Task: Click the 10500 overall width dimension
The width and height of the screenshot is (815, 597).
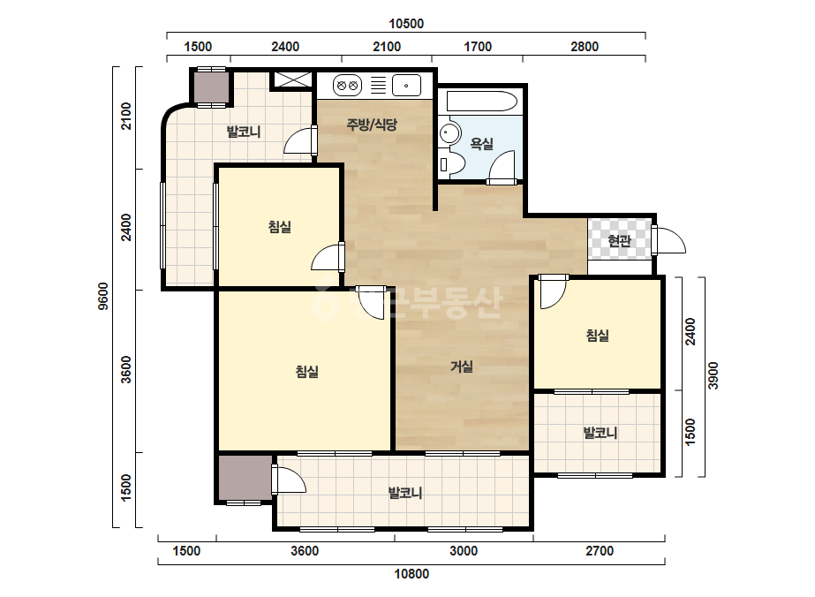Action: [x=406, y=24]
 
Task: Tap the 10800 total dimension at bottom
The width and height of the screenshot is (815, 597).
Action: [x=411, y=574]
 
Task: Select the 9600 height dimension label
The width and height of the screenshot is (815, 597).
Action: [x=103, y=296]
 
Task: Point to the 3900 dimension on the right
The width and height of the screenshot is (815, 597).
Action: [x=713, y=375]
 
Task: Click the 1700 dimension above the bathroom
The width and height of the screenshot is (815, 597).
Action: [x=478, y=47]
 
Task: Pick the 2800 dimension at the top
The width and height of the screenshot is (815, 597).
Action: [x=585, y=47]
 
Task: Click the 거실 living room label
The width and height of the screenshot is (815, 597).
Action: [x=462, y=367]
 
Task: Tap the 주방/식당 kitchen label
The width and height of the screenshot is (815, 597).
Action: [x=372, y=125]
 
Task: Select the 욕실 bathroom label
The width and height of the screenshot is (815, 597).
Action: [x=481, y=144]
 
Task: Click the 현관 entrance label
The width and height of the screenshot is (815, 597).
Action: [x=619, y=241]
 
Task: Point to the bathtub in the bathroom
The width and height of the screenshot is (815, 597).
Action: [x=482, y=102]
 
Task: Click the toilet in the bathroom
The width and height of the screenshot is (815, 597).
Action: [x=449, y=163]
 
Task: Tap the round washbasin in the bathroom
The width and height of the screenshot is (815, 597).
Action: [x=449, y=133]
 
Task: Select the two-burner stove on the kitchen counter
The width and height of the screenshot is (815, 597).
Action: [x=347, y=86]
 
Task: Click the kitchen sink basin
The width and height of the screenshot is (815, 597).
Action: [x=406, y=86]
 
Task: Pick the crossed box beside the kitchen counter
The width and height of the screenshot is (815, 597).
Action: [x=293, y=79]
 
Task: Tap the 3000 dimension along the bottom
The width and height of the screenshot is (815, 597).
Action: [x=463, y=551]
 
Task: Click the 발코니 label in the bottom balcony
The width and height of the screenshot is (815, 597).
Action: [x=405, y=493]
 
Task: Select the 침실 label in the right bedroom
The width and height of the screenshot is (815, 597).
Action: [x=597, y=336]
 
